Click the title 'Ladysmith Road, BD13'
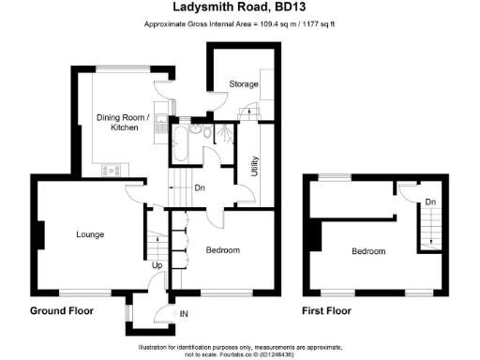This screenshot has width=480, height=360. click(x=240, y=7)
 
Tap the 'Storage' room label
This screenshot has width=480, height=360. click(x=245, y=85)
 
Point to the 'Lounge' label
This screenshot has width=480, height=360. click(x=90, y=233)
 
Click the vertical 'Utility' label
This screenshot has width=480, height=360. click(x=254, y=167)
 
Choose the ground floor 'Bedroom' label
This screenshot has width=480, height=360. click(x=223, y=250)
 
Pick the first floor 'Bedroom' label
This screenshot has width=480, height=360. click(x=369, y=251)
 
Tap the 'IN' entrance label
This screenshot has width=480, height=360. click(x=185, y=313)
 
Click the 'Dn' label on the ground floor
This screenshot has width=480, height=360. click(x=199, y=187)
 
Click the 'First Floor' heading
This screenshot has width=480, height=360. click(x=326, y=310)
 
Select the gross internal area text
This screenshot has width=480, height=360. click(x=240, y=22)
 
